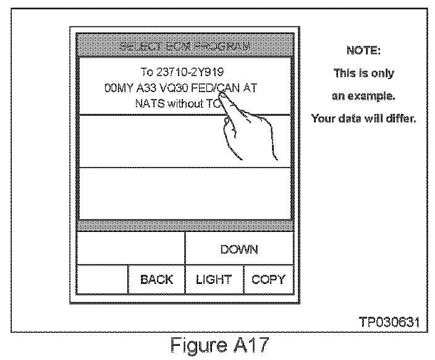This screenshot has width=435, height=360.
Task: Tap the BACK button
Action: [x=156, y=279]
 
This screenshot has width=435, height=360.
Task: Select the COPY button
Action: [x=268, y=279]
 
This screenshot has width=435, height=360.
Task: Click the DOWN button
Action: [x=239, y=249]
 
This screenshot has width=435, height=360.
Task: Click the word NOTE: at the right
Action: [x=363, y=50]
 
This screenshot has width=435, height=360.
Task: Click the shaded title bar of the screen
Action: [x=184, y=47]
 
